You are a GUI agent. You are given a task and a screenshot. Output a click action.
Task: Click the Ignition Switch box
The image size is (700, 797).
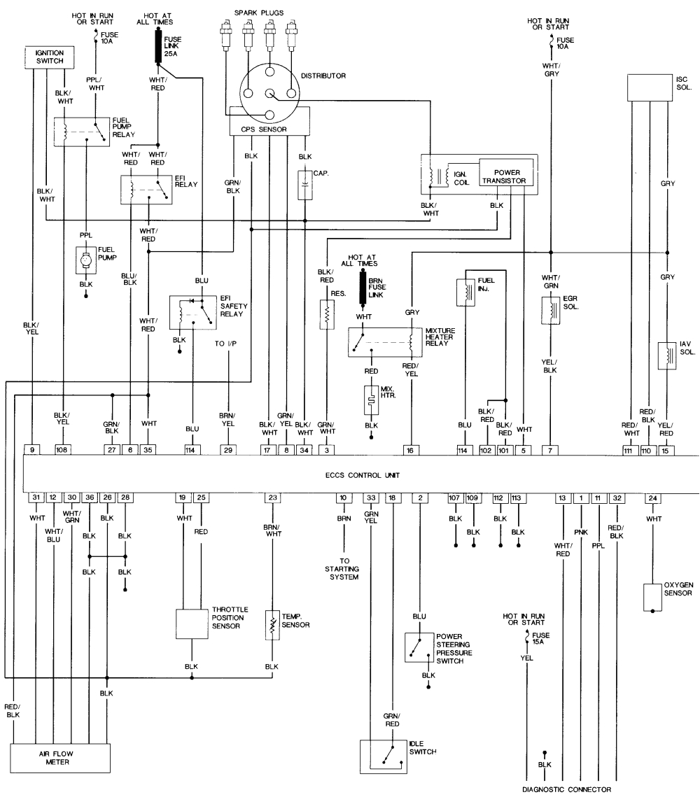pyautogui.click(x=45, y=57)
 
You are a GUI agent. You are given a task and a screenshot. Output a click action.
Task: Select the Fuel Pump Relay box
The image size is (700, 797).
pyautogui.click(x=83, y=132)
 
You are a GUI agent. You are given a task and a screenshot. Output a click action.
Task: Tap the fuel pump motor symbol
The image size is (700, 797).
pyautogui.click(x=85, y=261)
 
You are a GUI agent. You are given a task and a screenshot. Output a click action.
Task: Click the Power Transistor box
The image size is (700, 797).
pyautogui.click(x=507, y=175)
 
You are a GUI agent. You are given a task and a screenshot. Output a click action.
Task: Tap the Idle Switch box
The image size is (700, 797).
pyautogui.click(x=382, y=756)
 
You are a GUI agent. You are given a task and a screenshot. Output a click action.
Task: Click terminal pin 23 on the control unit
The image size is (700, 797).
pyautogui.click(x=272, y=498)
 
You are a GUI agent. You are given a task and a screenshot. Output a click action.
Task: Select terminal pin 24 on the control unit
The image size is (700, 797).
pyautogui.click(x=652, y=498)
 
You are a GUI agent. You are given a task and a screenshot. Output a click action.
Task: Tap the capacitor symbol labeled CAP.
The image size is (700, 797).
pyautogui.click(x=305, y=185)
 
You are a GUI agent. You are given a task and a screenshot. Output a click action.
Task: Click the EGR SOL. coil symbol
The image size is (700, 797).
pyautogui.click(x=551, y=310)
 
